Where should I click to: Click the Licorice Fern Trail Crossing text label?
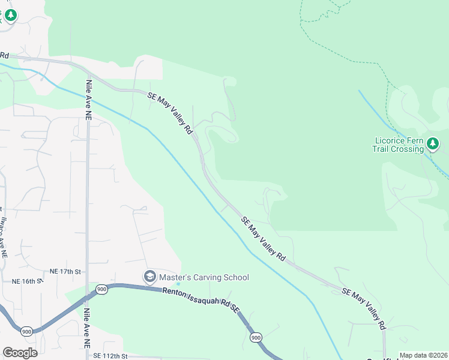coord(399,145)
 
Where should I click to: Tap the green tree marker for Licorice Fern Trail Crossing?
coord(433,143)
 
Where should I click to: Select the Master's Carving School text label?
coord(203,277)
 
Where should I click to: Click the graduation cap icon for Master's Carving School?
coord(149,277)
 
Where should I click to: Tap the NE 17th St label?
coord(65,272)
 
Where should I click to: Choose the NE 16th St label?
coord(28,281)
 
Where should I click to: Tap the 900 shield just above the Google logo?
coord(27,331)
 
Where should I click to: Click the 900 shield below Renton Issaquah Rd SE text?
coord(256,338)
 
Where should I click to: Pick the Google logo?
coord(20,353)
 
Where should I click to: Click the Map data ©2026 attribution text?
coord(423,355)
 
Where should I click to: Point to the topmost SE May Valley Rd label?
coord(170,112)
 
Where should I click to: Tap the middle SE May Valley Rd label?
coord(263,238)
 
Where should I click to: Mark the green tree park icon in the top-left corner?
coord(10,15)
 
